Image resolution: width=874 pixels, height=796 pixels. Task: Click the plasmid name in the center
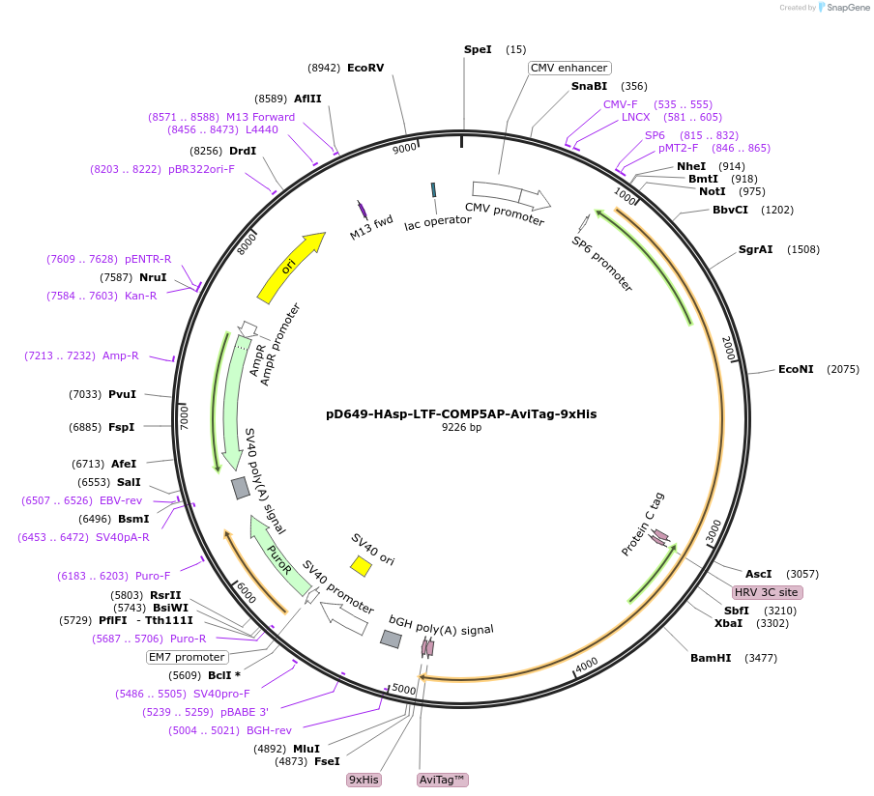(x=461, y=413)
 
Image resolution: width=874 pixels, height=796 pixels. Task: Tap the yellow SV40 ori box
(x=361, y=564)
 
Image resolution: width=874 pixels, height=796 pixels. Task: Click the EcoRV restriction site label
(x=365, y=68)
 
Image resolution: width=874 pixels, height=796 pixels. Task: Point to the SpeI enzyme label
(x=478, y=49)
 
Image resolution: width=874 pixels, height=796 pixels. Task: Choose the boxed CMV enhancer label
(x=569, y=68)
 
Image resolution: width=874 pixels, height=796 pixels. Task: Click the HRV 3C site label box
(x=767, y=592)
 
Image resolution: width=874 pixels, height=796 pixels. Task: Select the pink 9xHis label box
(x=364, y=780)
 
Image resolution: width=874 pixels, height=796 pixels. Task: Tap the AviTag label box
(x=442, y=780)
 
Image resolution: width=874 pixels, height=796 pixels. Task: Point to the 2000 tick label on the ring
(x=729, y=349)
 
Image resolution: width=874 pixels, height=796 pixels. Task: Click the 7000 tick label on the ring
(x=185, y=417)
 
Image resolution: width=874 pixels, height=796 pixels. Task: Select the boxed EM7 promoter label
(x=186, y=657)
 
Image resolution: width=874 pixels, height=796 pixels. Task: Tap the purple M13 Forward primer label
(x=260, y=117)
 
